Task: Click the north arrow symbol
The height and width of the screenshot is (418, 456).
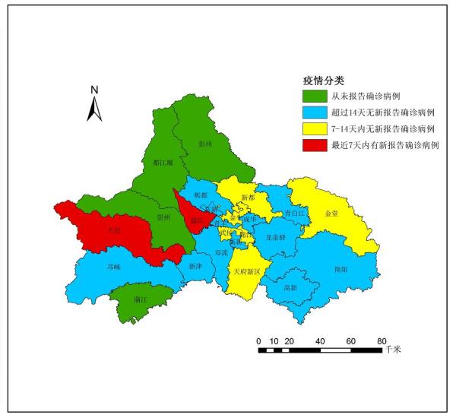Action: tap(94, 104)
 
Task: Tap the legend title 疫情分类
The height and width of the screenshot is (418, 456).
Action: tap(319, 81)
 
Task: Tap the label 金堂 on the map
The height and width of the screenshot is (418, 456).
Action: tap(331, 214)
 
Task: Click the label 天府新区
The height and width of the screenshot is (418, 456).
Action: tap(247, 271)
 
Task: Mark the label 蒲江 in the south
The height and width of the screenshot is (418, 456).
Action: tap(140, 299)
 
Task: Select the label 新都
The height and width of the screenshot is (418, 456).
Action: tap(248, 198)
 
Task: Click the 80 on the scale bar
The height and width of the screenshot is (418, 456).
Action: tap(382, 340)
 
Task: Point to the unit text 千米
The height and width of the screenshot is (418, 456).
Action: tap(393, 350)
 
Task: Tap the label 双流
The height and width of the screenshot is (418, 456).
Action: tap(221, 252)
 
